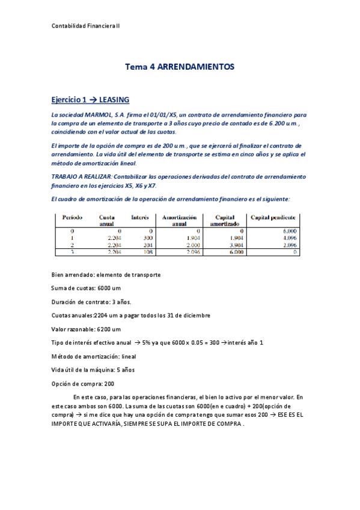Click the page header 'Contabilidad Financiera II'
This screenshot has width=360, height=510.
click(85, 26)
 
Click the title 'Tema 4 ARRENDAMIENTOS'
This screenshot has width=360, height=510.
click(179, 67)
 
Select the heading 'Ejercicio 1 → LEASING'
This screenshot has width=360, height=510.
click(90, 99)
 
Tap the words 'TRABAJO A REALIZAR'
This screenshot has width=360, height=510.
click(81, 177)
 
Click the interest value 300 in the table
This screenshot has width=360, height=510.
click(148, 238)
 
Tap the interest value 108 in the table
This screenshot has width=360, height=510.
click(148, 253)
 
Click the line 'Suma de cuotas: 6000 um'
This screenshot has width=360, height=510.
click(87, 288)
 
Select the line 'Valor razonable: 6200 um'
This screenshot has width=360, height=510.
click(87, 329)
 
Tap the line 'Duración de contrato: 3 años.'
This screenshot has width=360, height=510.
click(91, 302)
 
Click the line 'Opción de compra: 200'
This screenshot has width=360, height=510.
click(83, 383)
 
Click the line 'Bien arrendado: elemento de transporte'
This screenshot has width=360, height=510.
click(106, 275)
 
